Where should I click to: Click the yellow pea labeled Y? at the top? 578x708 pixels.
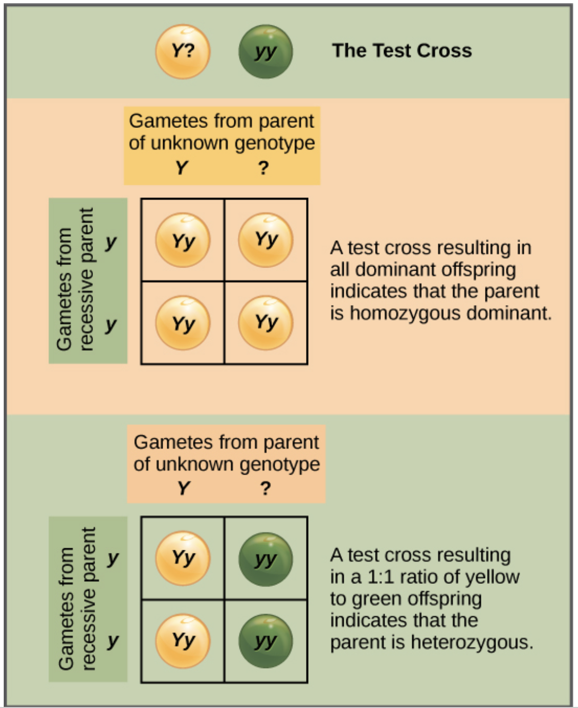pyautogui.click(x=183, y=51)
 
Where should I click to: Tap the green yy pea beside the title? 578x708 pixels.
pyautogui.click(x=266, y=51)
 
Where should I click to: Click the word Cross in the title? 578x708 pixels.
pyautogui.click(x=445, y=51)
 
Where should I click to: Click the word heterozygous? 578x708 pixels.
pyautogui.click(x=471, y=643)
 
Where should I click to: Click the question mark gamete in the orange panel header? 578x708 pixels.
pyautogui.click(x=263, y=168)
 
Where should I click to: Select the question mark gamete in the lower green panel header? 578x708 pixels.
pyautogui.click(x=266, y=488)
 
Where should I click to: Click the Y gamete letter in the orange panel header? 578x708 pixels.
pyautogui.click(x=181, y=168)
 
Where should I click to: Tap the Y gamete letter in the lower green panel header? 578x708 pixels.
pyautogui.click(x=183, y=488)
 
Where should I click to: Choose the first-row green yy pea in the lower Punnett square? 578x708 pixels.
pyautogui.click(x=266, y=559)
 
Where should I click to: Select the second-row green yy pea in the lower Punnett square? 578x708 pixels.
pyautogui.click(x=266, y=641)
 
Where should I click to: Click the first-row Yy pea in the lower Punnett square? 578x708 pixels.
pyautogui.click(x=183, y=559)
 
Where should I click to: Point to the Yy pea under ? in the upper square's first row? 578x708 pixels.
pyautogui.click(x=266, y=240)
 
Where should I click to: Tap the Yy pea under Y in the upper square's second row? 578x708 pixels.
pyautogui.click(x=183, y=323)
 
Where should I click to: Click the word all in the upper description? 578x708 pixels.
pyautogui.click(x=340, y=270)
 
